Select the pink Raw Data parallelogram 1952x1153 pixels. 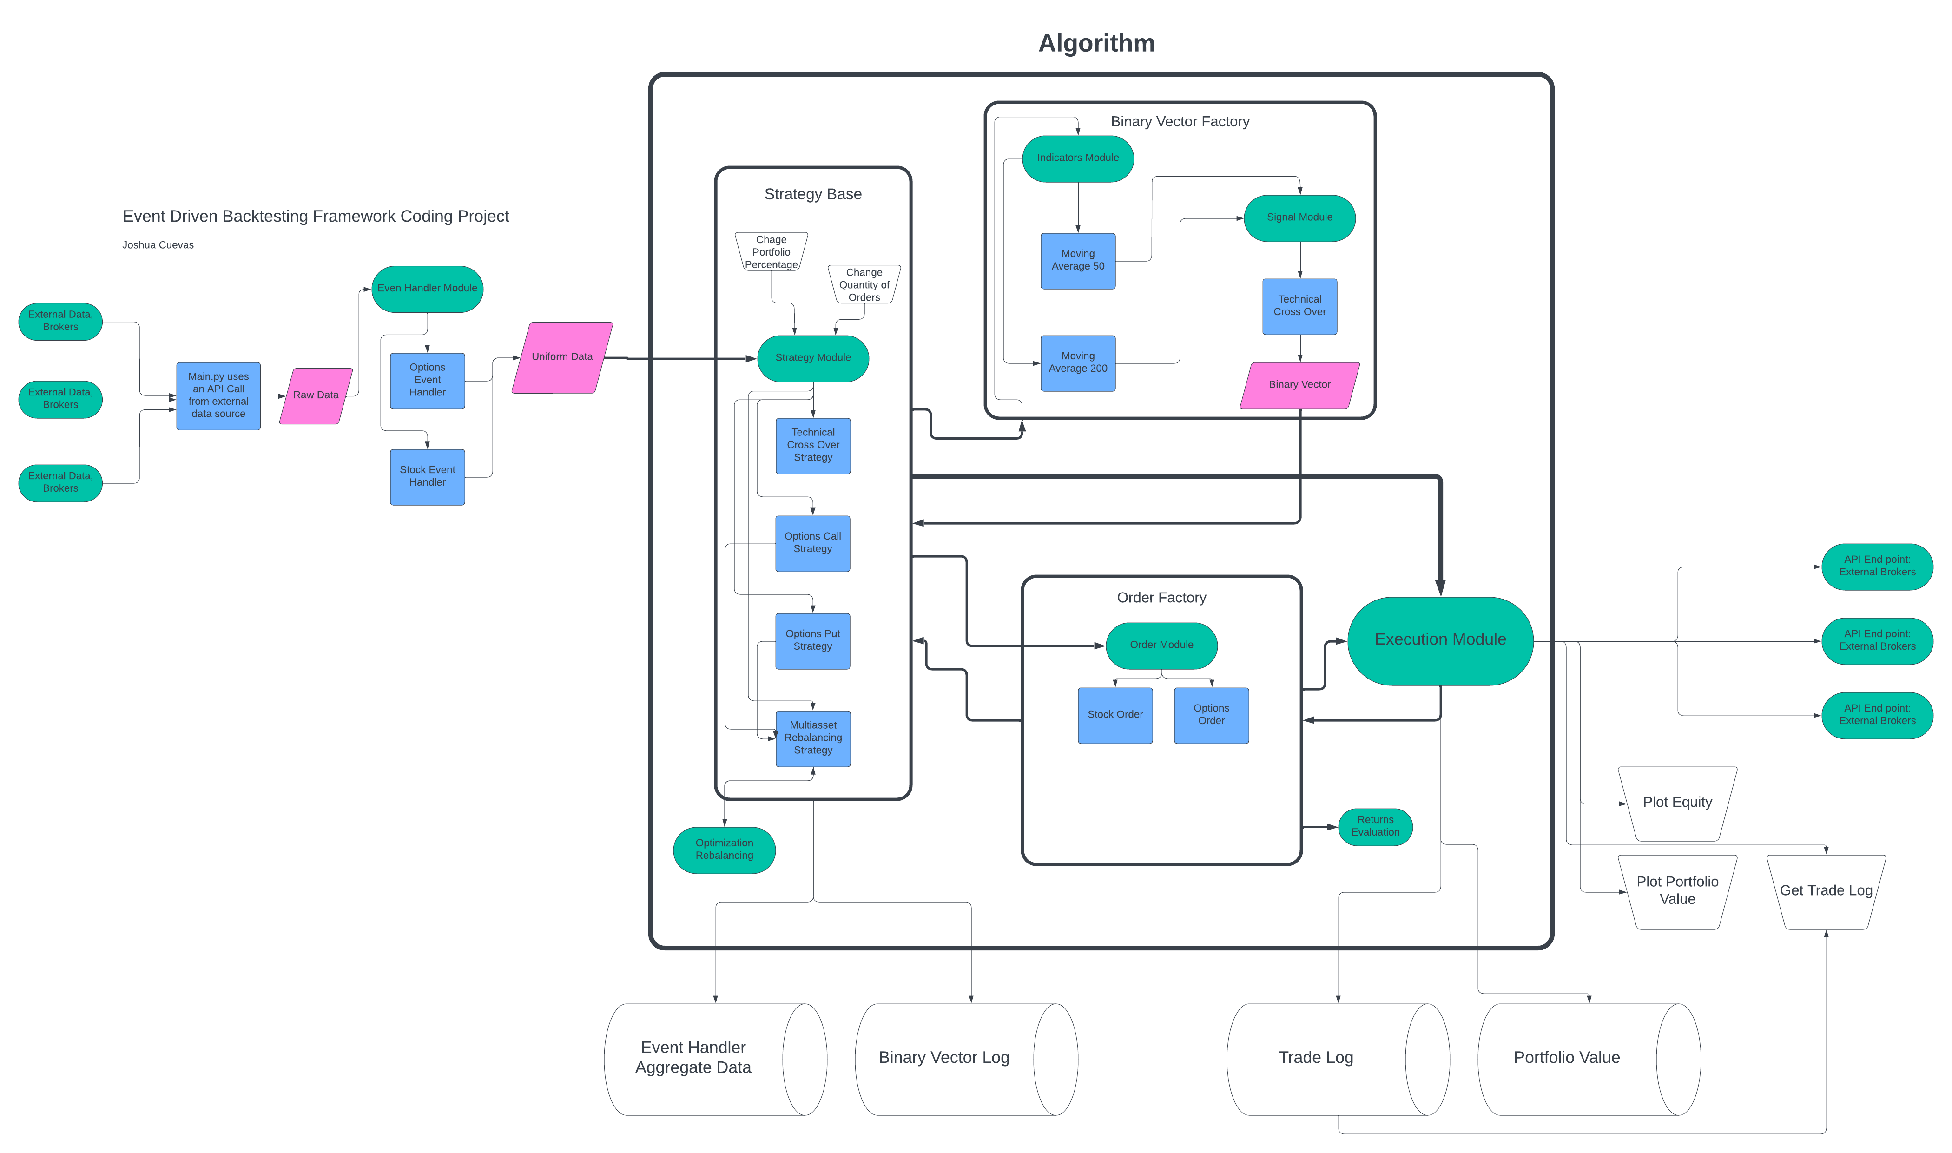(316, 395)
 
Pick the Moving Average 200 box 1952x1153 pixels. (1077, 363)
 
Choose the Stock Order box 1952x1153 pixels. (1114, 715)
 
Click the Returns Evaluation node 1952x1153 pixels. (1375, 826)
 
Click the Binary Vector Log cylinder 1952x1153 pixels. (956, 1058)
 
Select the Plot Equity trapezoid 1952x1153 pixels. (1676, 803)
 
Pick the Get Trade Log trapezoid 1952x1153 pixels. (1826, 891)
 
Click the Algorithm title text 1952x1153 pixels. (1096, 44)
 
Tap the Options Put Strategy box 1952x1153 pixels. (812, 640)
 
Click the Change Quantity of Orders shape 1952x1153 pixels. (864, 284)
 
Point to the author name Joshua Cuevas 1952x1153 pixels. (158, 245)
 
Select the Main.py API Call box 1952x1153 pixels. (218, 395)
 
